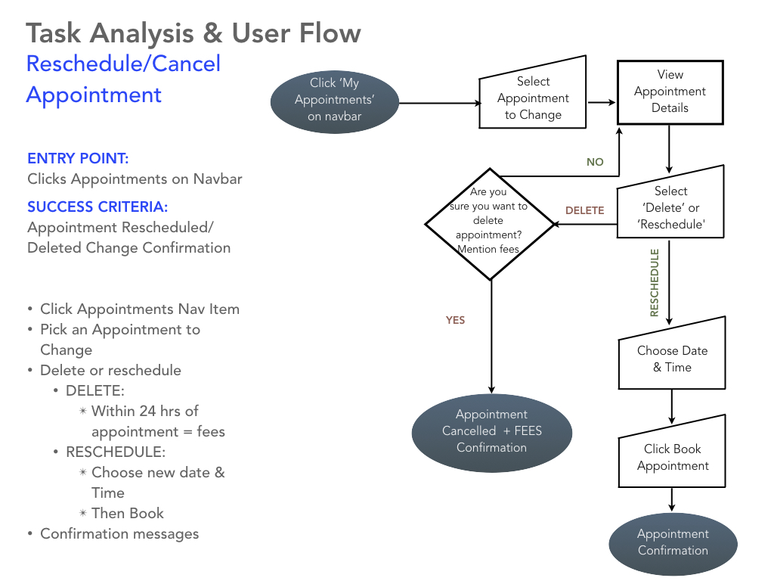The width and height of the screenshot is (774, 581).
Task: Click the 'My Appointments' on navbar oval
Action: pyautogui.click(x=334, y=100)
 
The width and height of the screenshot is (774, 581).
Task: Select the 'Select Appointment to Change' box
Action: pyautogui.click(x=533, y=98)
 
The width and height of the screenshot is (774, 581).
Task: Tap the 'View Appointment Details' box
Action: pyautogui.click(x=670, y=92)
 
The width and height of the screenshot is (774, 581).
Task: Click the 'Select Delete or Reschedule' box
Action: pyautogui.click(x=670, y=208)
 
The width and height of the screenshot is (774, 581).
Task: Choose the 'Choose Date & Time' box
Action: pyautogui.click(x=672, y=359)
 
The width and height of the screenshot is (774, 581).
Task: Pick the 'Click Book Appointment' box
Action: pyautogui.click(x=673, y=458)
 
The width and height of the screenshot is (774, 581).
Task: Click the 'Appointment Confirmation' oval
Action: pyautogui.click(x=673, y=542)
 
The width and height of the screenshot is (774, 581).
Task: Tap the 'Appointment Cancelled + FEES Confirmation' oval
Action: pyautogui.click(x=491, y=431)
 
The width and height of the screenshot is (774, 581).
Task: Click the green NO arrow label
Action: pyautogui.click(x=595, y=162)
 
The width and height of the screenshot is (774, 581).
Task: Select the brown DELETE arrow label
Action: pyautogui.click(x=584, y=210)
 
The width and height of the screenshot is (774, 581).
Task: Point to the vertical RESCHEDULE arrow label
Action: pyautogui.click(x=655, y=282)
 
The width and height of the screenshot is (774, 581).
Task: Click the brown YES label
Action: pyautogui.click(x=455, y=320)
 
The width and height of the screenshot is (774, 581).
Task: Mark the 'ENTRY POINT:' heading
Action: pyautogui.click(x=78, y=158)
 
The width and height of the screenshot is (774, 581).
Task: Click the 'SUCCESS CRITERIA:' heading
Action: pyautogui.click(x=98, y=207)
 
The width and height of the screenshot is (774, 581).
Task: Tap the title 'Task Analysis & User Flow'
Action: pyautogui.click(x=193, y=33)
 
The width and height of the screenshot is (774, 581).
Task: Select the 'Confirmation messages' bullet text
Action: pyautogui.click(x=119, y=533)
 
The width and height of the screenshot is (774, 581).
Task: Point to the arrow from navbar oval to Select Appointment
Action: pyautogui.click(x=438, y=102)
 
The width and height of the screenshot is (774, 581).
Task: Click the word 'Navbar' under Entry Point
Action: pyautogui.click(x=218, y=179)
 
